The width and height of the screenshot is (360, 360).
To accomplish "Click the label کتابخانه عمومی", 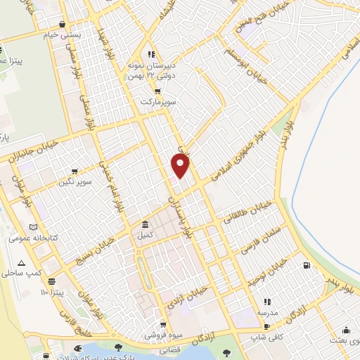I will point(27,238).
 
